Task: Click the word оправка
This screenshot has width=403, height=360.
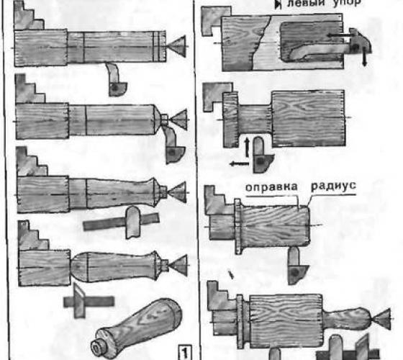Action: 271,187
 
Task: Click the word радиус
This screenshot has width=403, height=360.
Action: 333,186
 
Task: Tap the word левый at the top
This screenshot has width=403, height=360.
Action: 306,4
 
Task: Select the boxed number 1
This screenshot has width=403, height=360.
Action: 185,353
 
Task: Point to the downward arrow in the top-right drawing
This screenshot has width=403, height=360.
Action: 364,56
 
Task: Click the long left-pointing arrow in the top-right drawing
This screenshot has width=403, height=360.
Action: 340,35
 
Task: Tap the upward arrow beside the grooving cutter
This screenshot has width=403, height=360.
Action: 247,147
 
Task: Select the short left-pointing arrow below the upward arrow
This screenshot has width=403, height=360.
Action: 240,163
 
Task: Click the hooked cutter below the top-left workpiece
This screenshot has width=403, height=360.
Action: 116,80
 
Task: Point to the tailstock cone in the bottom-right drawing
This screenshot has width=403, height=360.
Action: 381,319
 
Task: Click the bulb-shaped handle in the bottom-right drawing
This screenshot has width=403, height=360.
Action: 348,319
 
